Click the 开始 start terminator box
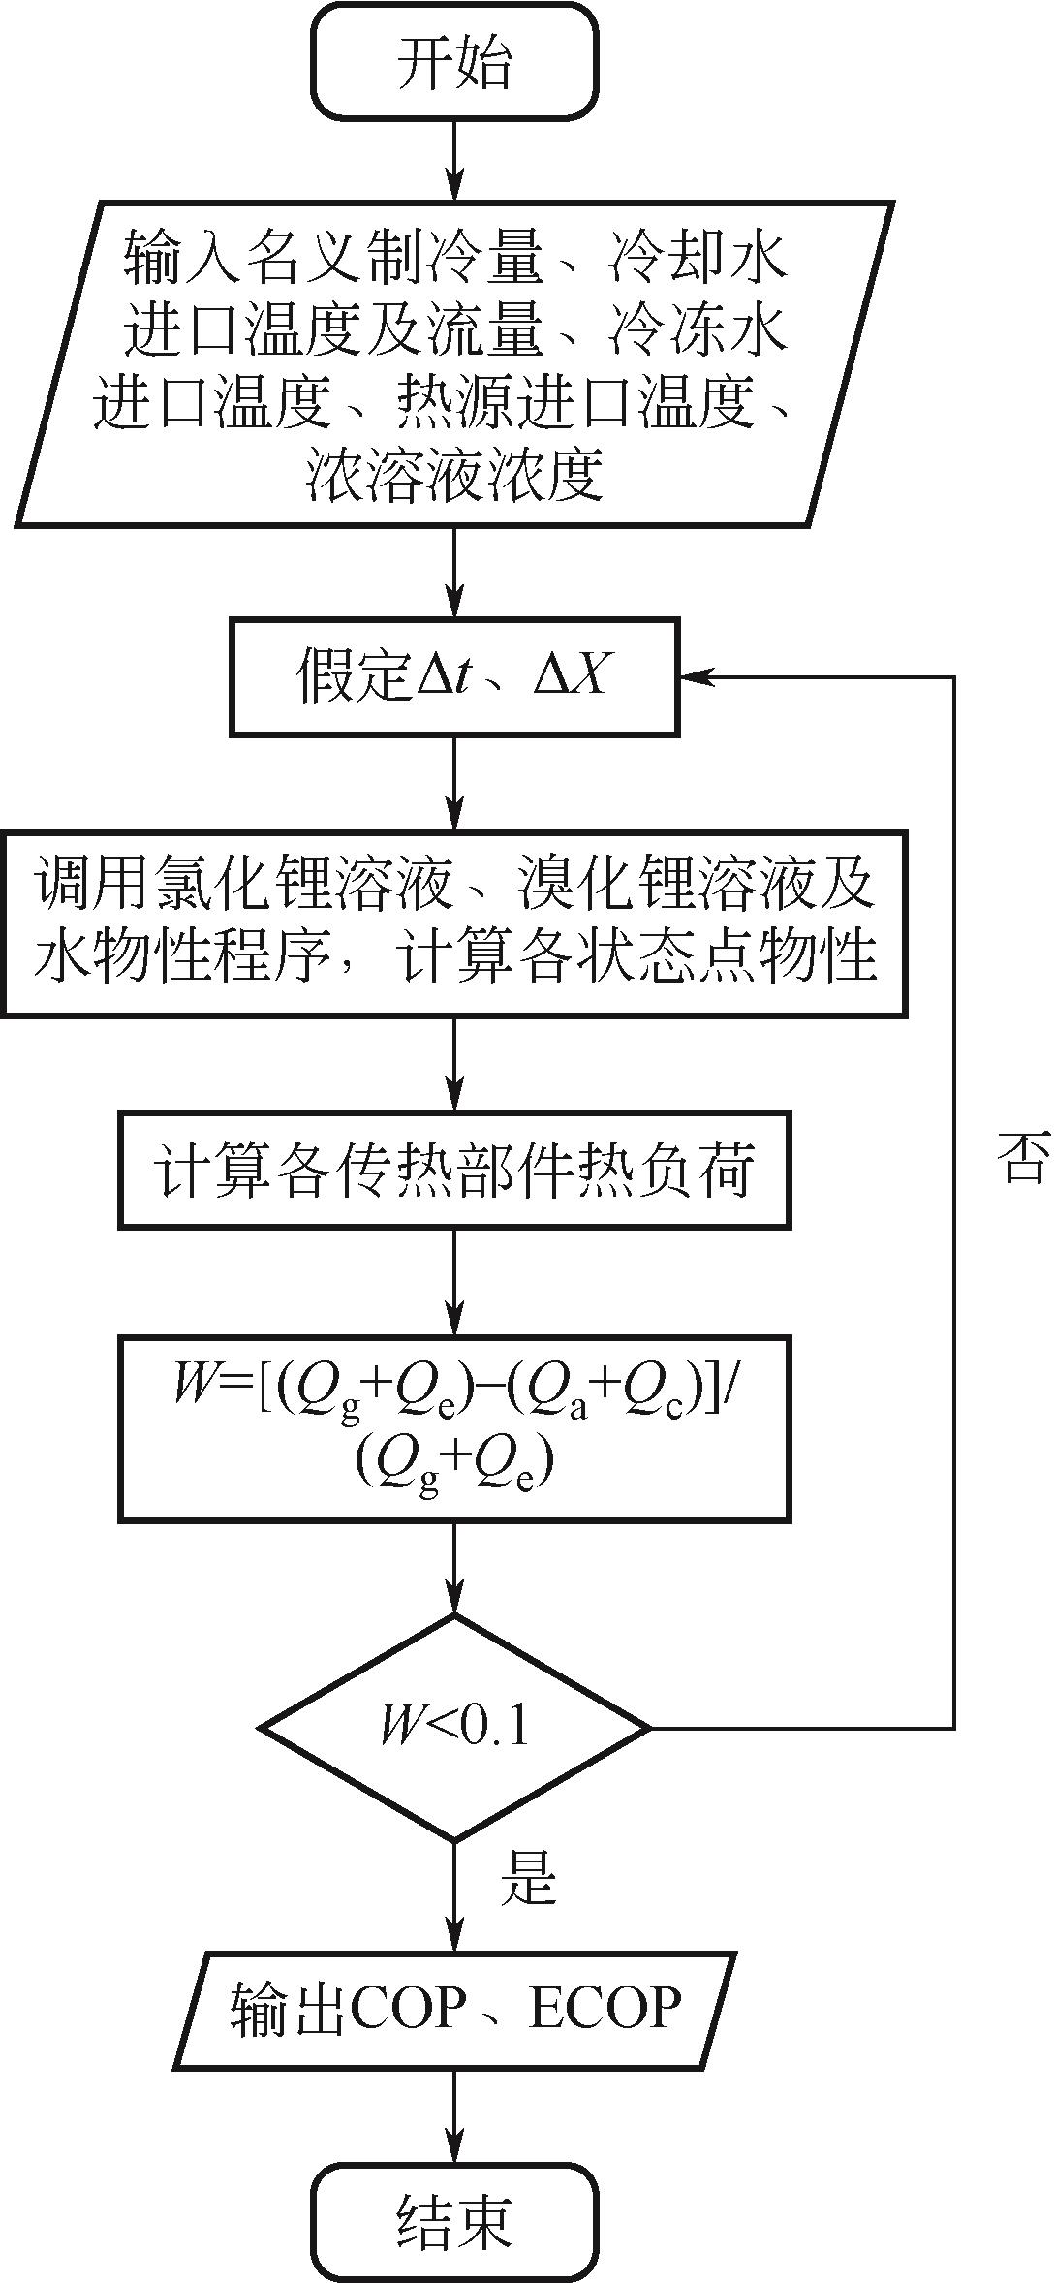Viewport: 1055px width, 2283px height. tap(453, 62)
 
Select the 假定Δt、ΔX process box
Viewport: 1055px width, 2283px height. tap(453, 676)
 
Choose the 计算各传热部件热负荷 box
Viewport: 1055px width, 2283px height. tap(453, 1170)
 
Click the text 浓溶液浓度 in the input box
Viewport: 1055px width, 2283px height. tap(453, 476)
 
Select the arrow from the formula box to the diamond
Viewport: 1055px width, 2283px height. tap(453, 1567)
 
